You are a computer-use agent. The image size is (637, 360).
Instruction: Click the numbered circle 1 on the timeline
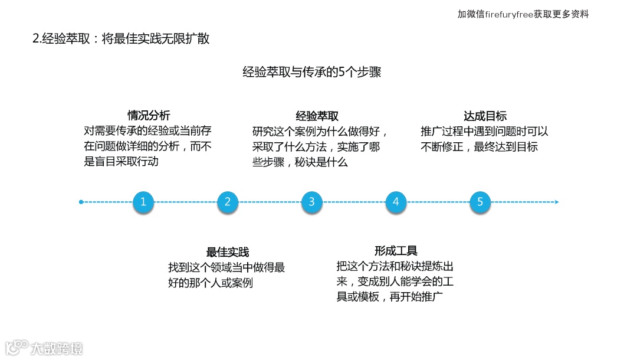pyautogui.click(x=143, y=202)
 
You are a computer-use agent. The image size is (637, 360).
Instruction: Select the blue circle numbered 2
pyautogui.click(x=227, y=202)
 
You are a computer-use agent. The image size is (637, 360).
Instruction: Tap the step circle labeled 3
pyautogui.click(x=311, y=202)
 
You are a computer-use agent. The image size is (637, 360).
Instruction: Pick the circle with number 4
pyautogui.click(x=396, y=202)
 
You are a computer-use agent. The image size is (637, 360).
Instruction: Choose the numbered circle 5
pyautogui.click(x=480, y=202)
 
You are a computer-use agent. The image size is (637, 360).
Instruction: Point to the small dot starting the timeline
pyautogui.click(x=81, y=202)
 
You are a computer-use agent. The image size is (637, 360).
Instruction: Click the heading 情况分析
pyautogui.click(x=149, y=116)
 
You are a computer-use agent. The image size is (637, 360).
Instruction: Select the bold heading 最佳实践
pyautogui.click(x=227, y=252)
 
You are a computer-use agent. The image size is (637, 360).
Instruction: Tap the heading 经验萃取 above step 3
pyautogui.click(x=317, y=116)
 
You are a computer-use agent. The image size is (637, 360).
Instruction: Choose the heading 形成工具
pyautogui.click(x=396, y=251)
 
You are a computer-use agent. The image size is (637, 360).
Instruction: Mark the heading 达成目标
pyautogui.click(x=485, y=116)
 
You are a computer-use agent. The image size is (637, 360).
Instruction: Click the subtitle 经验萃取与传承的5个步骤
pyautogui.click(x=312, y=72)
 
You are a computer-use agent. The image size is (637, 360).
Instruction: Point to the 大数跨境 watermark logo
pyautogui.click(x=44, y=348)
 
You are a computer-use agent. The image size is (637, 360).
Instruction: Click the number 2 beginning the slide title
pyautogui.click(x=35, y=40)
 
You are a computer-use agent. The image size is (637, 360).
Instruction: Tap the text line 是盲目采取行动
pyautogui.click(x=122, y=161)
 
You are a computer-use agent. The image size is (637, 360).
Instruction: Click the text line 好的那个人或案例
pyautogui.click(x=210, y=282)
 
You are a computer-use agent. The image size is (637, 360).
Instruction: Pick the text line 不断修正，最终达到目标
pyautogui.click(x=479, y=146)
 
